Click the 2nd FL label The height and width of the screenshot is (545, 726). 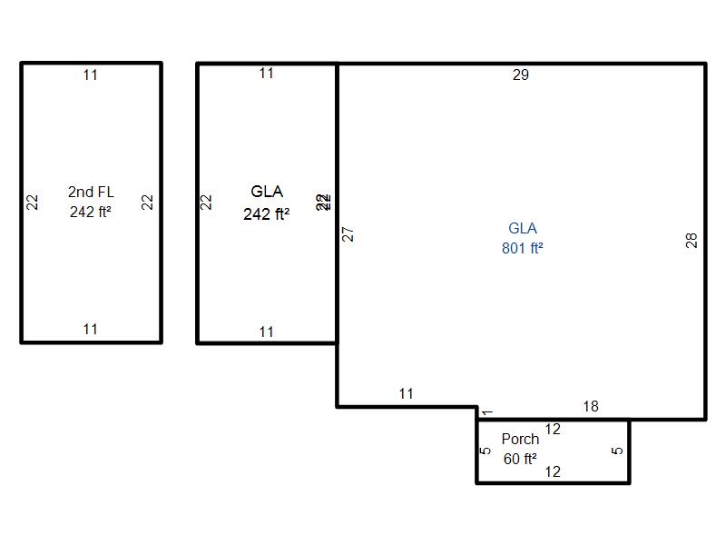point(90,192)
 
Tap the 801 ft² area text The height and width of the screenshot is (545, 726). point(523,247)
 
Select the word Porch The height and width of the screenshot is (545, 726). point(520,440)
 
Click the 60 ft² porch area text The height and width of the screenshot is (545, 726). point(520,459)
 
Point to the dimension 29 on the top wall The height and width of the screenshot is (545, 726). point(520,75)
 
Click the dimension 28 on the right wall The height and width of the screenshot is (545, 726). point(692,241)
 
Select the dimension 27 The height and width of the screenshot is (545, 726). point(348,233)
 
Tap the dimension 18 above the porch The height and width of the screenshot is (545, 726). point(591,407)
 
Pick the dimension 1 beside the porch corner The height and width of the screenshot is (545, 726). point(487,413)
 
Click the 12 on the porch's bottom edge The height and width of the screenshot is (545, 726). point(552,471)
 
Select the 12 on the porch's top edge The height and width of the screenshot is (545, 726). point(552,430)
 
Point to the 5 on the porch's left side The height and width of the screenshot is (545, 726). point(486,451)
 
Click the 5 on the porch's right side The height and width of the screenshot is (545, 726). point(618,451)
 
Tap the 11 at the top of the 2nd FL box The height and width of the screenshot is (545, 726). point(90,75)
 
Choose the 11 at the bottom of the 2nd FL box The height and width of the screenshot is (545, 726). point(90,330)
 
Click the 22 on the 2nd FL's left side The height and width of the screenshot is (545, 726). point(33,203)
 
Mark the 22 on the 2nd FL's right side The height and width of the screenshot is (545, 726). point(148,203)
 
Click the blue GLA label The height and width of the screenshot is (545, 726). point(523,228)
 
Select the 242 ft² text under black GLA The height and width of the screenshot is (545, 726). point(266,215)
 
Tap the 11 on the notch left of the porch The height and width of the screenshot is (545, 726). point(406,394)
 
